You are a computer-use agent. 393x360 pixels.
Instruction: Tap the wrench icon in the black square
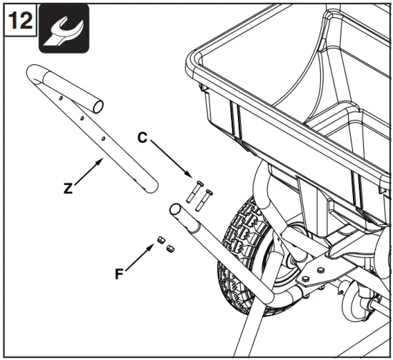pos(64,29)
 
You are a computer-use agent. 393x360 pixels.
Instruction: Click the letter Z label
pos(67,189)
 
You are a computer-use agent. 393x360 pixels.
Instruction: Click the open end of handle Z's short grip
pos(99,106)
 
